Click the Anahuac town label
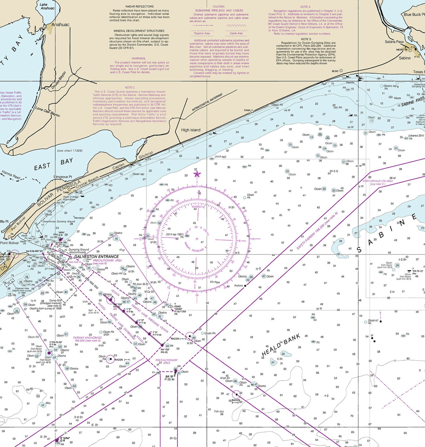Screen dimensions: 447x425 (60, 25)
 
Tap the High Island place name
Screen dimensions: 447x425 (191, 130)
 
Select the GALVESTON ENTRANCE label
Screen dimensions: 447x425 (96, 256)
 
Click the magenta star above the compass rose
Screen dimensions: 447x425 (197, 174)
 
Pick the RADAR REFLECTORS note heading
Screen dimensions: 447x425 (139, 6)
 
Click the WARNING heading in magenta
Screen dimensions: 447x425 (138, 58)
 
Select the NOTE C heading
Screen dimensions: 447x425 (130, 88)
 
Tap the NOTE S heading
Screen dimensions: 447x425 (306, 39)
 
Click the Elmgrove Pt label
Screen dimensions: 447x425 (63, 177)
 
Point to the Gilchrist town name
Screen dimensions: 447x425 (146, 155)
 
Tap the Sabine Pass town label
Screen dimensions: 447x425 (394, 42)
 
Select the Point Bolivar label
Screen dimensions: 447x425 (9, 243)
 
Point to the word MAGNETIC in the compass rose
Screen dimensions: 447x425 (198, 207)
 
